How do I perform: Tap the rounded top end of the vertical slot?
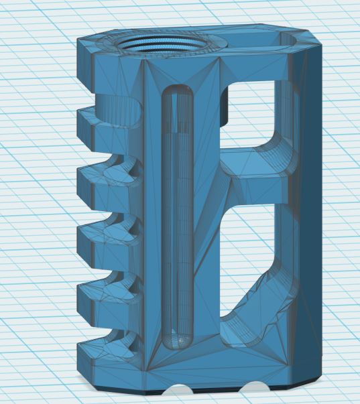coord(178,94)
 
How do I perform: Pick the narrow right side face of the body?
coord(310,221)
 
